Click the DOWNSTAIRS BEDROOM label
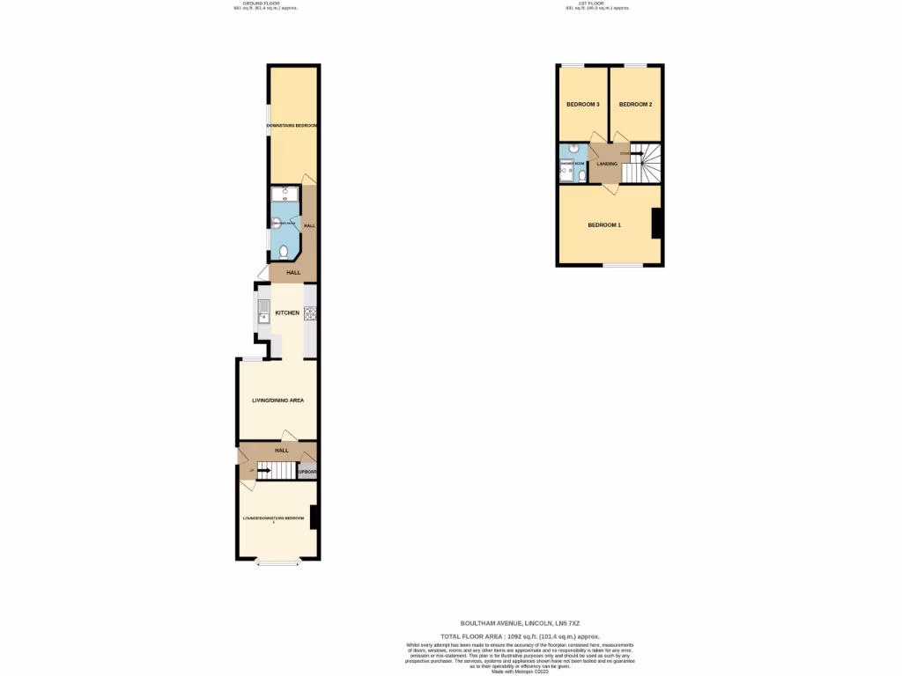(x=292, y=126)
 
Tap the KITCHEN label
(x=287, y=312)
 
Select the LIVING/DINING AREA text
(x=277, y=400)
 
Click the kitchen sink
(x=263, y=309)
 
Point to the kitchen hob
(x=310, y=312)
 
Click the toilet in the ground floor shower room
(x=283, y=251)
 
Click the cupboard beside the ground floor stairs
(x=307, y=472)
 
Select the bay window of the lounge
(x=277, y=562)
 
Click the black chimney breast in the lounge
(x=314, y=518)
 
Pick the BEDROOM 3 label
(x=582, y=105)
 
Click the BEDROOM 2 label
(x=635, y=105)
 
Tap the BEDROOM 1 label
(x=604, y=225)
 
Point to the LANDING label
(x=607, y=164)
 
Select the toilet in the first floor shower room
(x=581, y=175)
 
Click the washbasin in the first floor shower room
(x=573, y=149)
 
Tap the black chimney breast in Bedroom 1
(x=656, y=223)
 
